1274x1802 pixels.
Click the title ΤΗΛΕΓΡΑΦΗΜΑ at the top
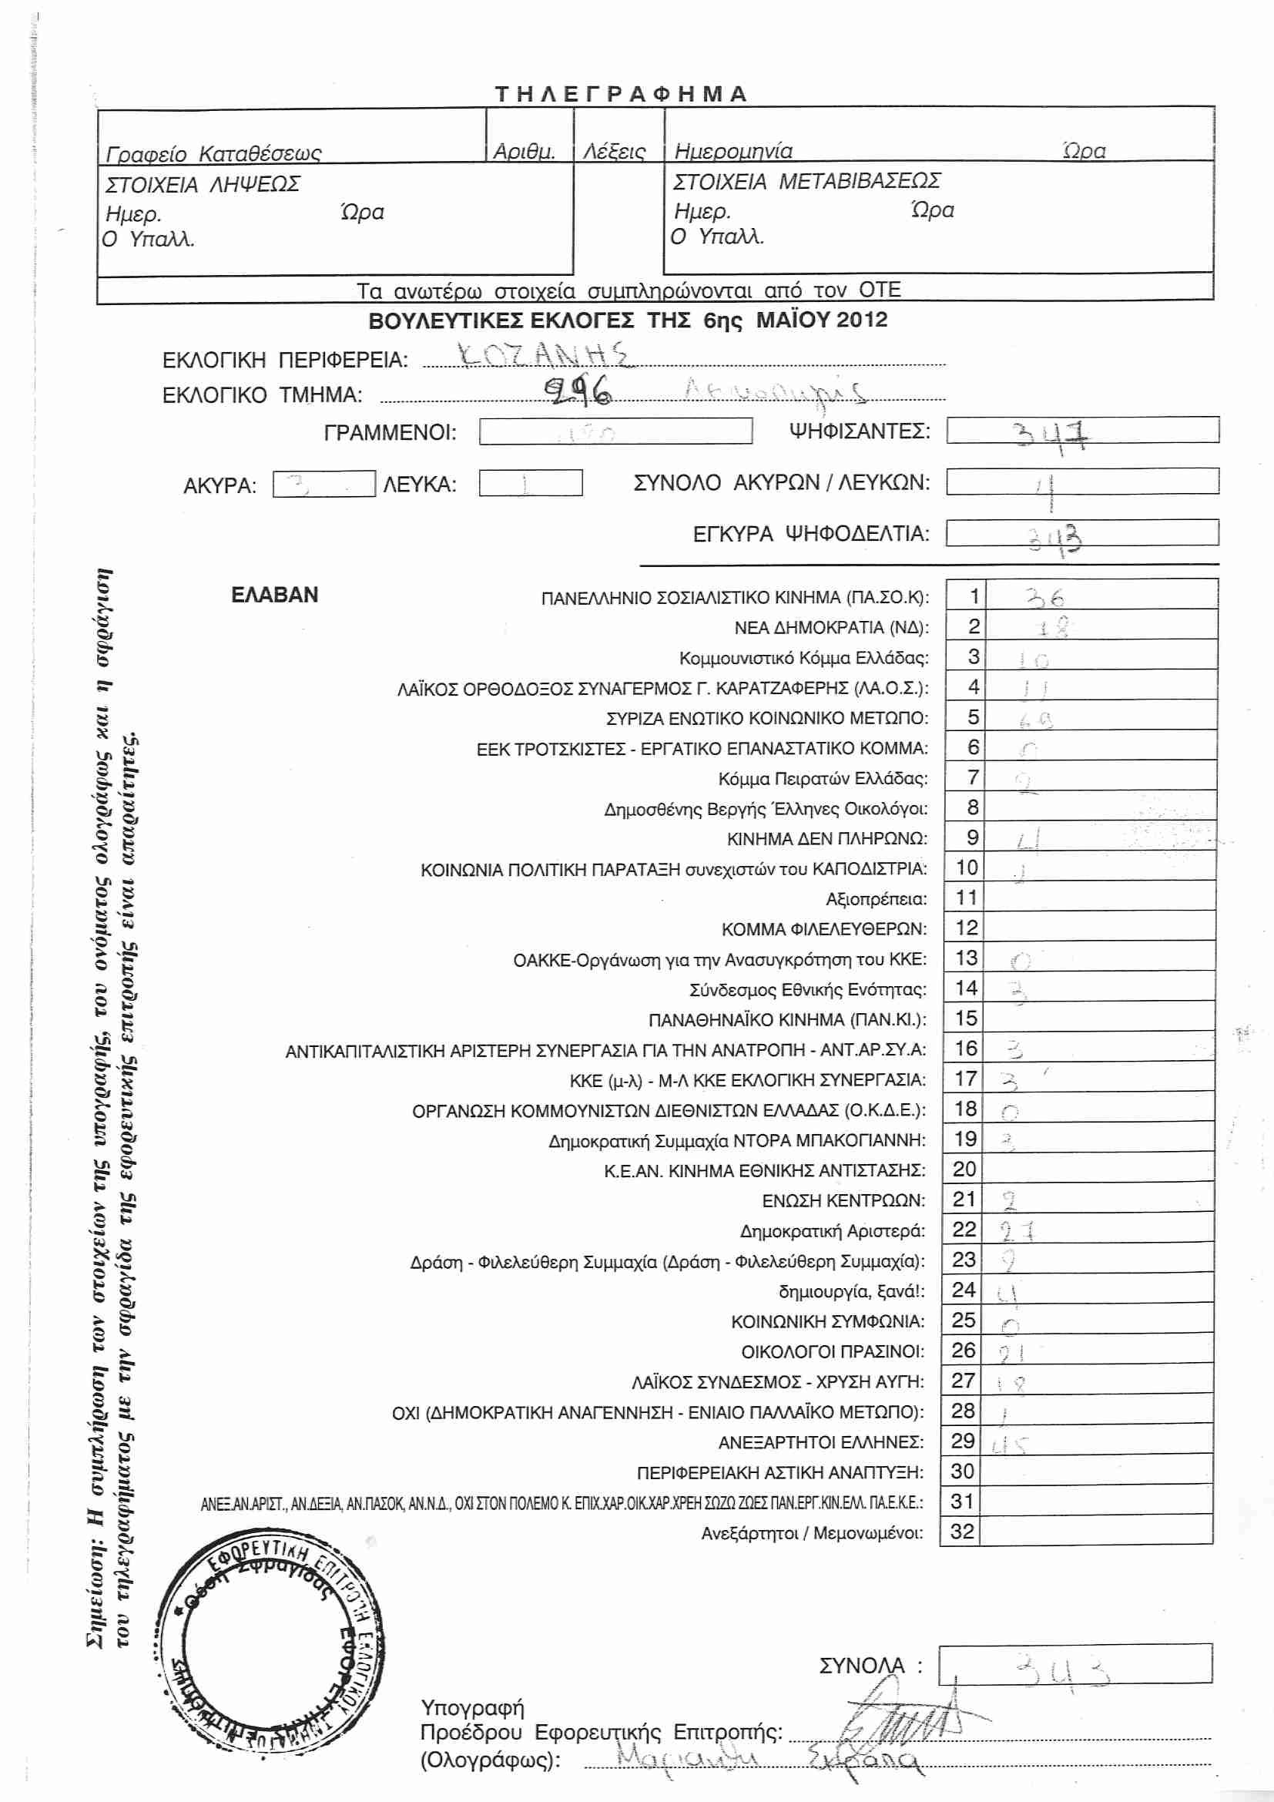(621, 94)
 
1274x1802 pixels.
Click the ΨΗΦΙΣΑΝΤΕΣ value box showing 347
(1081, 431)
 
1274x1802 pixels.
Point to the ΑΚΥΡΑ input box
(324, 484)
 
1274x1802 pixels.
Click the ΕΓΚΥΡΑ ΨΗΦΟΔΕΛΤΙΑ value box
(1081, 533)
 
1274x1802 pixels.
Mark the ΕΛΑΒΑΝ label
(274, 595)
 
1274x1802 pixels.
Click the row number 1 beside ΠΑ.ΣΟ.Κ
(974, 596)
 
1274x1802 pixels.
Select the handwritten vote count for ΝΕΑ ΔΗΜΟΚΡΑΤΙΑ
(1051, 627)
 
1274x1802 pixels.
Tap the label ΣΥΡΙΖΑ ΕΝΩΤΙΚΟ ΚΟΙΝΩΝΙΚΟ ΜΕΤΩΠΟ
(766, 718)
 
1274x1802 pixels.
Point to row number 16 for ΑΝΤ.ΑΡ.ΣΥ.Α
(966, 1048)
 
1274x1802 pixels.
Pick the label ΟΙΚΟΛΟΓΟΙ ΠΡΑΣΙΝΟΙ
(833, 1351)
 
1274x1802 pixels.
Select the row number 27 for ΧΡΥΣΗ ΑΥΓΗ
(964, 1381)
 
